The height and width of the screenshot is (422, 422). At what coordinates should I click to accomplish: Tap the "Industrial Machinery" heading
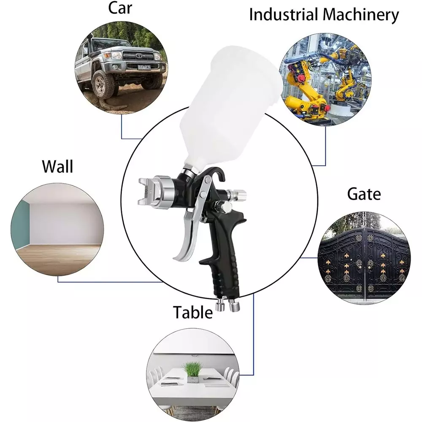pos(324,15)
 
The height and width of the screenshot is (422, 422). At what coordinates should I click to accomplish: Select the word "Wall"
pos(57,167)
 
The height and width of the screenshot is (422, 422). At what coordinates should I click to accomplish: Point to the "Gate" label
pos(364,194)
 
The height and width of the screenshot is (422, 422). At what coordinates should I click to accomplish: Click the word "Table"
pos(193,313)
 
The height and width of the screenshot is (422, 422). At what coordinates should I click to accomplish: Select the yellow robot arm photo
pos(325,80)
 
